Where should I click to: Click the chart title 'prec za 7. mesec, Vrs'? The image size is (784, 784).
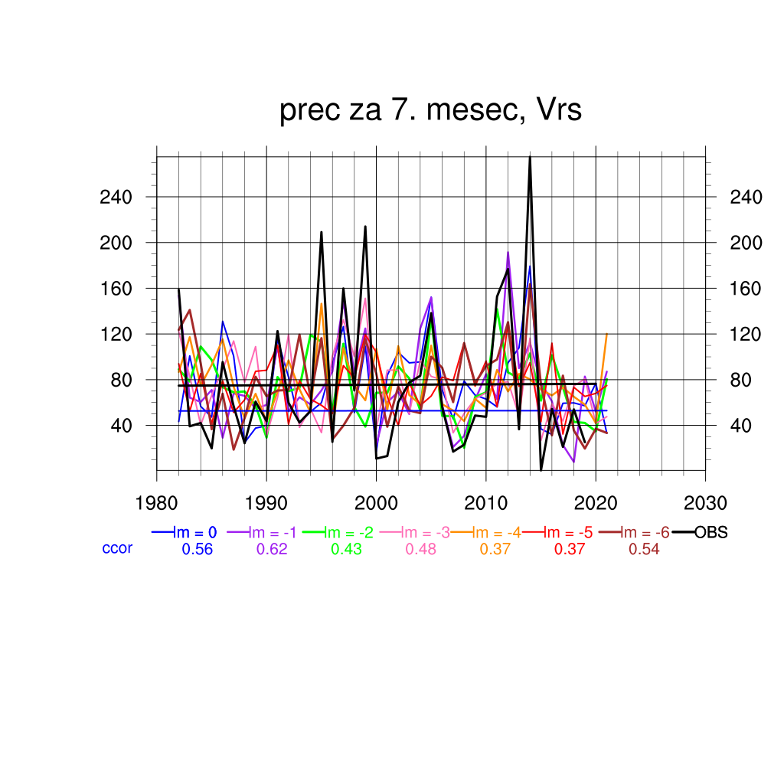[430, 111]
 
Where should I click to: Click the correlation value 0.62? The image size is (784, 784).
[271, 549]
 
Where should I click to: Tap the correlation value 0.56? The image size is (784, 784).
[197, 549]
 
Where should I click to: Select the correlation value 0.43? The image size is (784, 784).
[346, 549]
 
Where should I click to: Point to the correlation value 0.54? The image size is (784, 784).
[644, 549]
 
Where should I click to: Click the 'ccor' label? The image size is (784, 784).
[117, 548]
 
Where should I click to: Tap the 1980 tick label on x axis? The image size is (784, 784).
[157, 504]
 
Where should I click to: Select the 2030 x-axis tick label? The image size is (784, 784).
[705, 504]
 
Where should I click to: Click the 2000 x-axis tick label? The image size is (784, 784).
[376, 504]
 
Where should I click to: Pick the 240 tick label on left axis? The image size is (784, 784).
[116, 198]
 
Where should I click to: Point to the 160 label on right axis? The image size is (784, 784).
[747, 289]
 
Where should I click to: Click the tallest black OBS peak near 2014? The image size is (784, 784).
[530, 158]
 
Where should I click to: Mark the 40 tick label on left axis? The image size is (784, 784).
[122, 426]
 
